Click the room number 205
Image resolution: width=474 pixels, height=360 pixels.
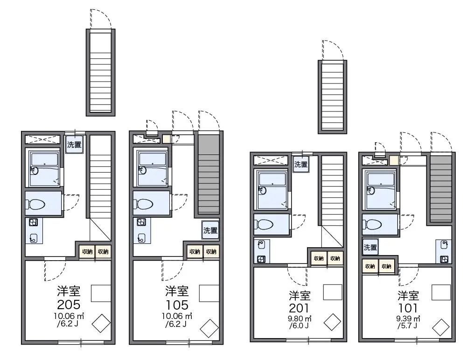pyautogui.click(x=69, y=305)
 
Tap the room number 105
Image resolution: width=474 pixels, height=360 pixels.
pyautogui.click(x=177, y=305)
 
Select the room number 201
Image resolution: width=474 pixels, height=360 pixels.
pyautogui.click(x=299, y=308)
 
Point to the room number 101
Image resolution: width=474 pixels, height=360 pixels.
pyautogui.click(x=408, y=308)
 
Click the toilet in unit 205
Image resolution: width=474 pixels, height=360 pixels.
pyautogui.click(x=35, y=204)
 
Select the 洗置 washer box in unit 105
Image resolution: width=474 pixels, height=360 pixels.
pyautogui.click(x=210, y=230)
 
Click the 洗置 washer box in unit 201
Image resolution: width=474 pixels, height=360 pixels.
pyautogui.click(x=301, y=165)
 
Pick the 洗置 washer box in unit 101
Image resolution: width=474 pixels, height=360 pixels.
pyautogui.click(x=370, y=248)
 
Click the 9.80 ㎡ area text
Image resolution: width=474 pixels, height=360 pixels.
pyautogui.click(x=300, y=318)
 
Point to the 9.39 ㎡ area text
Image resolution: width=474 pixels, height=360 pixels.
pyautogui.click(x=408, y=318)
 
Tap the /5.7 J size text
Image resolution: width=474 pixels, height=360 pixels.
pyautogui.click(x=407, y=326)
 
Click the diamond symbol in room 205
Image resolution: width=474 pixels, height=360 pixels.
pyautogui.click(x=101, y=324)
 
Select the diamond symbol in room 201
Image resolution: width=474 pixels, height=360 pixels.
pyautogui.click(x=332, y=323)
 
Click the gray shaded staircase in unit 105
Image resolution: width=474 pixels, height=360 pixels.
pyautogui.click(x=209, y=174)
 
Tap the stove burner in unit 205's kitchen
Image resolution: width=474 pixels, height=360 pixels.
pyautogui.click(x=33, y=223)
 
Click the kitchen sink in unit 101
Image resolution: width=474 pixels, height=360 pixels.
pyautogui.click(x=444, y=244)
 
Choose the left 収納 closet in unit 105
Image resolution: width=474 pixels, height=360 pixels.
pyautogui.click(x=195, y=251)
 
